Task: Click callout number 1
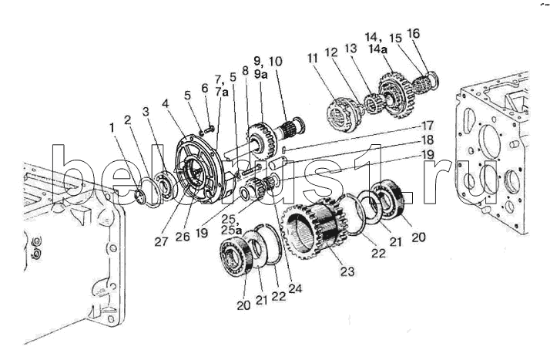112,128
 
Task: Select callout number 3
146,112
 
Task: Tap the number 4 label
166,103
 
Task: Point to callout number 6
205,89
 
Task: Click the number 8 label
245,71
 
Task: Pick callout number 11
313,58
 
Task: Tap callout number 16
413,34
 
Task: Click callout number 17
428,126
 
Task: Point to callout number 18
427,140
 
